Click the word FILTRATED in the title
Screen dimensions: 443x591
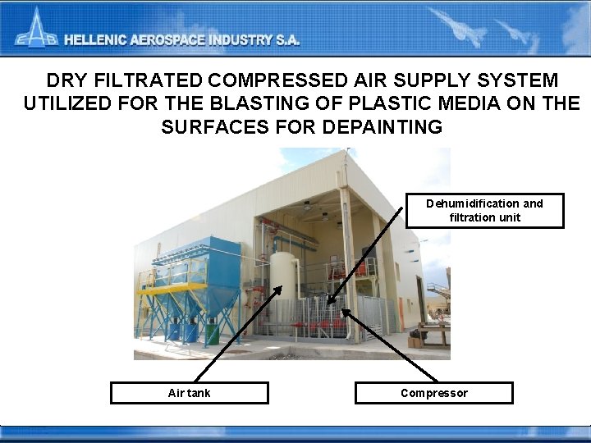(x=152, y=81)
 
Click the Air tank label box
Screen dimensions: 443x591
(x=190, y=393)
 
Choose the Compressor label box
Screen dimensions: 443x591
(x=433, y=393)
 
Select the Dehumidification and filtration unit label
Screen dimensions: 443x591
(x=484, y=210)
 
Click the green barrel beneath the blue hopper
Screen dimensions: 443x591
(x=213, y=334)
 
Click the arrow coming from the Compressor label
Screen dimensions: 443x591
(x=386, y=345)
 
